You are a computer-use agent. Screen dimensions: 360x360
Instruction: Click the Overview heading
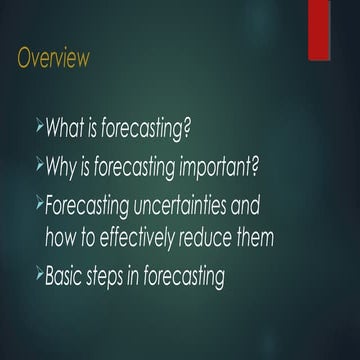52,58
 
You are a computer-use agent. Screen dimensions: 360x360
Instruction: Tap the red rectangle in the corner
320,30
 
